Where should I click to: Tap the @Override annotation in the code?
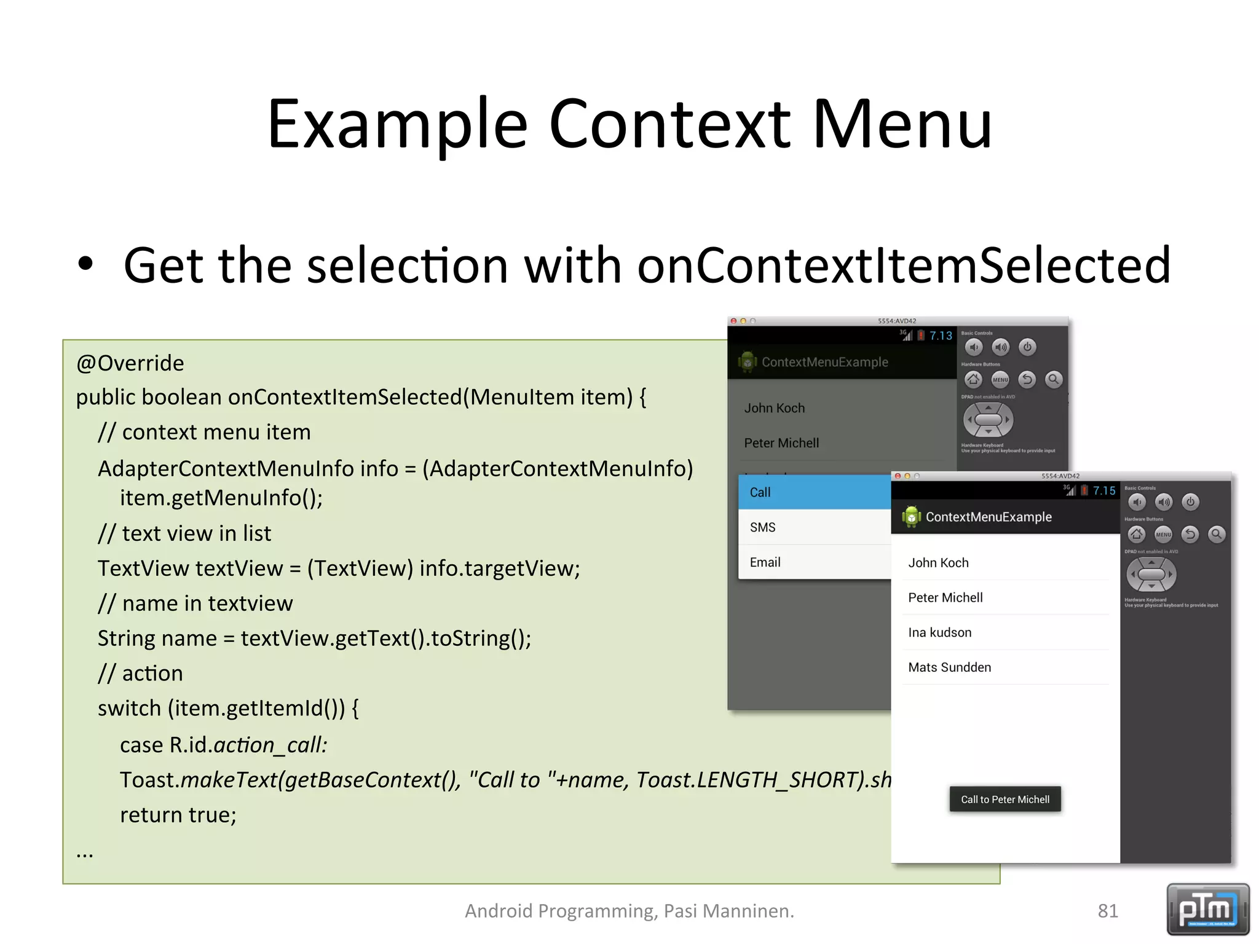coord(130,363)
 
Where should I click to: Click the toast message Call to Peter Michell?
coord(1005,800)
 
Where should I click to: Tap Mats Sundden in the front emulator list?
coord(949,667)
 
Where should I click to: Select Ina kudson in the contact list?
coord(939,632)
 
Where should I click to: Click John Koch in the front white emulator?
coord(938,563)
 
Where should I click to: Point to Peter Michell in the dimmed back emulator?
coord(781,443)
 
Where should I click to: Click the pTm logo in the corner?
coord(1207,910)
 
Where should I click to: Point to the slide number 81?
coord(1108,911)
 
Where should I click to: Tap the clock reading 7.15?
coord(1103,491)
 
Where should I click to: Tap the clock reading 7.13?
coord(941,336)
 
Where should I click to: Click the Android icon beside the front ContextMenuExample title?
coord(912,517)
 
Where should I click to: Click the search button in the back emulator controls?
coord(1054,380)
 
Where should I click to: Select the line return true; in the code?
coord(178,815)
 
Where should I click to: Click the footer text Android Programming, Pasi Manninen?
coord(629,911)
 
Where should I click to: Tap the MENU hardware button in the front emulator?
coord(1163,535)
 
